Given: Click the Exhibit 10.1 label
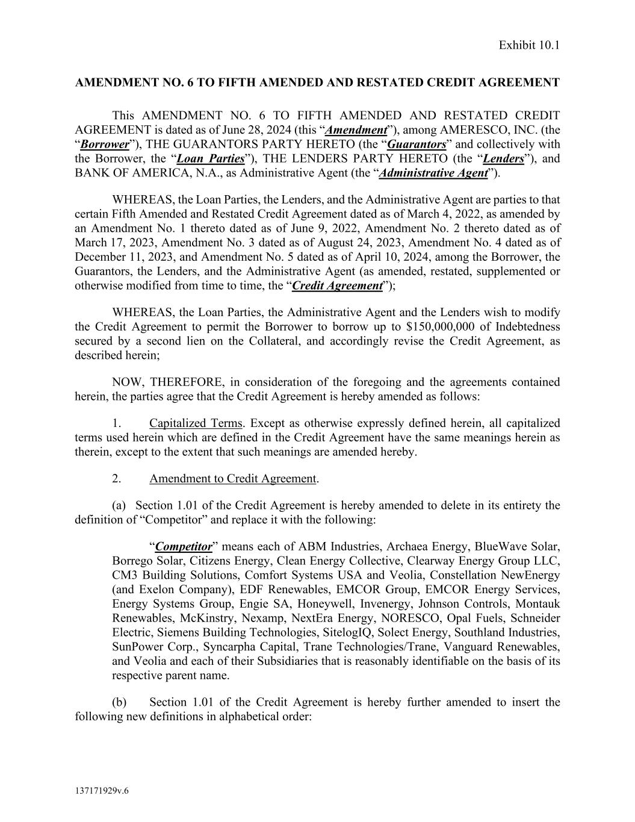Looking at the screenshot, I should pos(529,45).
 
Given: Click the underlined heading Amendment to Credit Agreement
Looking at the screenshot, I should pos(232,479).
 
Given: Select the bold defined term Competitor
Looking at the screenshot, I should pos(184,547).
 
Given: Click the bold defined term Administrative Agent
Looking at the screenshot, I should pos(433,173).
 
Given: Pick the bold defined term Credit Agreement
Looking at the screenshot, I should pos(337,285).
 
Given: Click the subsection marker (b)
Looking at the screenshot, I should pos(119,702).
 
